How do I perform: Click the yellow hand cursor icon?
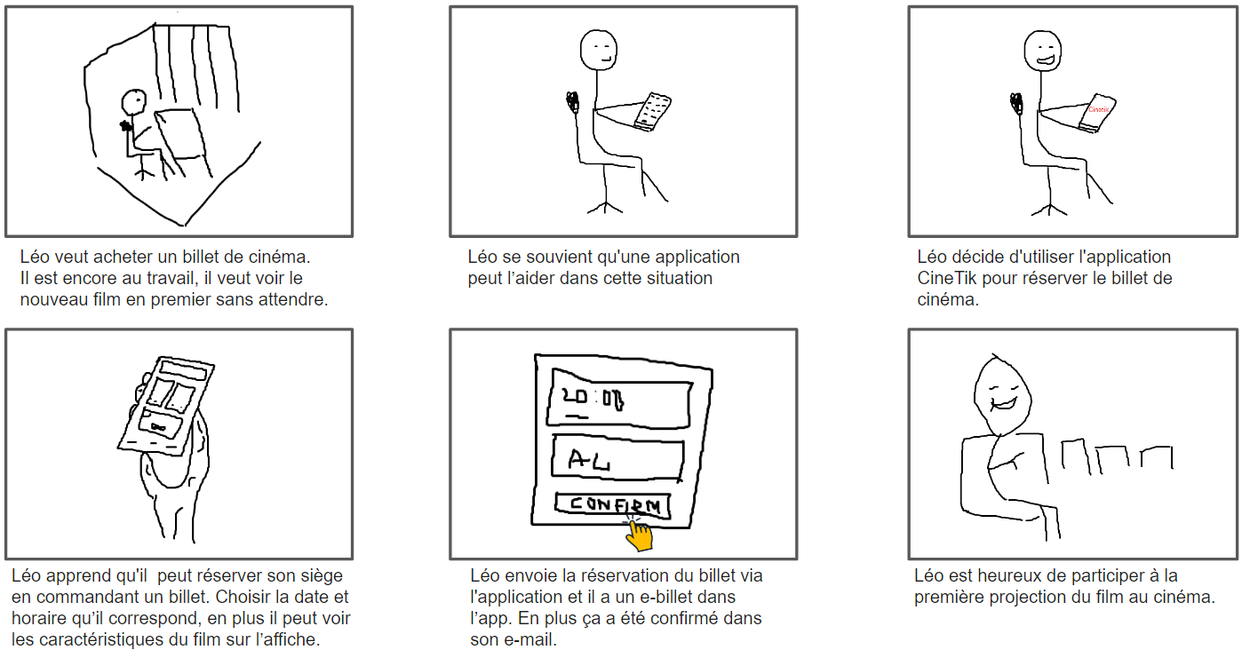639,533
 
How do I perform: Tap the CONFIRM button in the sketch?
613,505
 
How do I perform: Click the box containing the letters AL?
617,460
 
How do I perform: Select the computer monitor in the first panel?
182,133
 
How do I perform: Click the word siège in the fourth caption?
322,575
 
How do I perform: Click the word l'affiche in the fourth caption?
291,638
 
